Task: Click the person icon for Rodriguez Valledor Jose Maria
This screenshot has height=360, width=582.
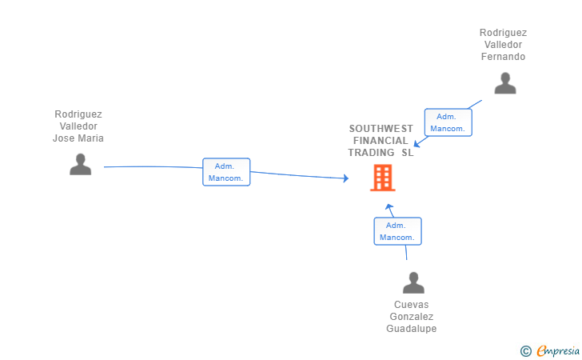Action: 80,164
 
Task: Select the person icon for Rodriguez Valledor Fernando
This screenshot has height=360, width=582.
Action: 505,83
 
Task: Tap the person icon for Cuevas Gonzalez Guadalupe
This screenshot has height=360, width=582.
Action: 413,282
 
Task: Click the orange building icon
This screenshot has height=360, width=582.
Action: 383,178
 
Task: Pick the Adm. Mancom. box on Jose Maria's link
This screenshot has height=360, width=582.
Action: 226,172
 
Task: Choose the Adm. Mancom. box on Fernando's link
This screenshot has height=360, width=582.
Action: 448,122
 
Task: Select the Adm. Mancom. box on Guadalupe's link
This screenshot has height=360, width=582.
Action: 397,231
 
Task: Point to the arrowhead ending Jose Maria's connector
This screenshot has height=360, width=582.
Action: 346,178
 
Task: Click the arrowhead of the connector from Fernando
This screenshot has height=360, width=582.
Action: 417,143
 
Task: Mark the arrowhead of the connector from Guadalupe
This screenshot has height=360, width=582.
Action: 389,207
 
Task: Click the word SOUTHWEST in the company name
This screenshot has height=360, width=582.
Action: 381,129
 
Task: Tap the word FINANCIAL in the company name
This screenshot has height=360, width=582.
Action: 381,141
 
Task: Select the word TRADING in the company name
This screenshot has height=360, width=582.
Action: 371,153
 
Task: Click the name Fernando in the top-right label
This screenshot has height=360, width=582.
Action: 503,57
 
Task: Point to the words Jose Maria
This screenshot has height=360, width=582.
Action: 78,138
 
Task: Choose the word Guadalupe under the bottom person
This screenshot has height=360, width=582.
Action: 411,329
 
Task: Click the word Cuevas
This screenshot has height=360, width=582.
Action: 411,305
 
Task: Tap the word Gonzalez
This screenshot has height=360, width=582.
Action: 411,317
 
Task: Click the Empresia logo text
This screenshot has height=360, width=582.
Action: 558,350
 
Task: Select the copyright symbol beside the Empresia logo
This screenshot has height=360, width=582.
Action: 526,351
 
